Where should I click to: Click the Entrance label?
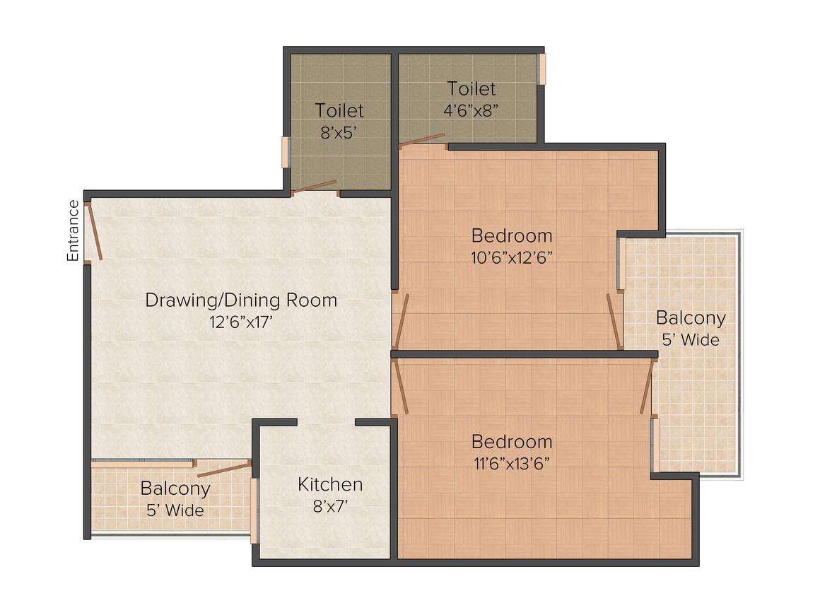click(73, 230)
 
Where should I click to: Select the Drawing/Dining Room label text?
click(241, 300)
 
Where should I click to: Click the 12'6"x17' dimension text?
click(241, 322)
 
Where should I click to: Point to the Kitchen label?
click(330, 484)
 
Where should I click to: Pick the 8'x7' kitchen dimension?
click(331, 506)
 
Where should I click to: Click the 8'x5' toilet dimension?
click(339, 133)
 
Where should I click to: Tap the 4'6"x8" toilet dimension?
click(471, 111)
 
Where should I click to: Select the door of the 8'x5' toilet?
click(314, 187)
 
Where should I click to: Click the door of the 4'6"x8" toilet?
click(422, 139)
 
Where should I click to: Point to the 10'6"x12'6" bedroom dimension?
click(512, 257)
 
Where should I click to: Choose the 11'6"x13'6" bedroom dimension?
click(512, 463)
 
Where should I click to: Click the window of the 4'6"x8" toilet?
click(543, 69)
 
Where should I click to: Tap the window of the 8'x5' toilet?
click(285, 152)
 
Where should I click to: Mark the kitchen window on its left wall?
click(254, 511)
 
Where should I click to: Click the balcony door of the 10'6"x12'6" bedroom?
click(614, 321)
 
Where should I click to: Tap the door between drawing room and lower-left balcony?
click(224, 469)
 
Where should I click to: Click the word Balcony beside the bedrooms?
click(691, 319)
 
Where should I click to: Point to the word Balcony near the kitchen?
click(175, 488)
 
